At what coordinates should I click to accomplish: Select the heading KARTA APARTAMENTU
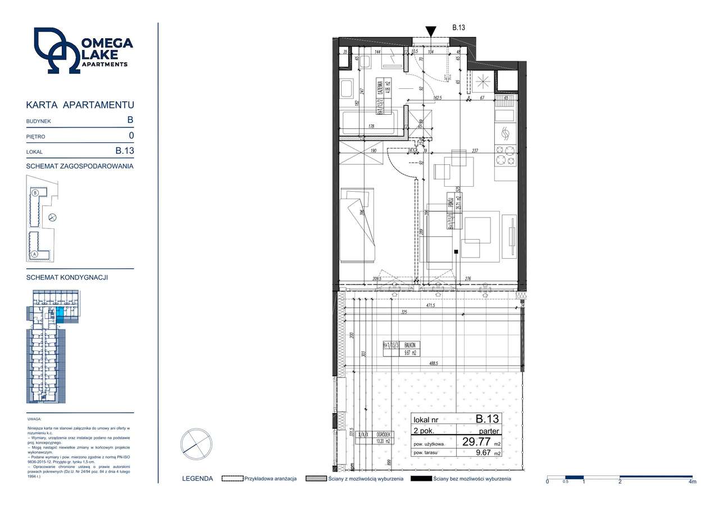click(x=80, y=105)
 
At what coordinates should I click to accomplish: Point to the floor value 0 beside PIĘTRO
click(x=130, y=136)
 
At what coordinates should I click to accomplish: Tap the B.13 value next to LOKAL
click(x=124, y=151)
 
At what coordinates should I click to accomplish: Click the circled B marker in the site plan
click(x=35, y=192)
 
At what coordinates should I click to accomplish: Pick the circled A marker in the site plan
click(x=35, y=254)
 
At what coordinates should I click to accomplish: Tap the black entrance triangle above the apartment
click(x=430, y=31)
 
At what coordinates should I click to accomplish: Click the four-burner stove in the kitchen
click(x=504, y=155)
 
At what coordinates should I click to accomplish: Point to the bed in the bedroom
click(x=357, y=225)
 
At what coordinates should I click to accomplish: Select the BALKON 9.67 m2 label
click(x=401, y=349)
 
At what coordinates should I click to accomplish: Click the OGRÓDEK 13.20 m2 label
click(x=384, y=438)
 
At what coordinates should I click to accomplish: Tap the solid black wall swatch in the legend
click(x=421, y=479)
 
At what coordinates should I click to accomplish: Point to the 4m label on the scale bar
click(x=692, y=482)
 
